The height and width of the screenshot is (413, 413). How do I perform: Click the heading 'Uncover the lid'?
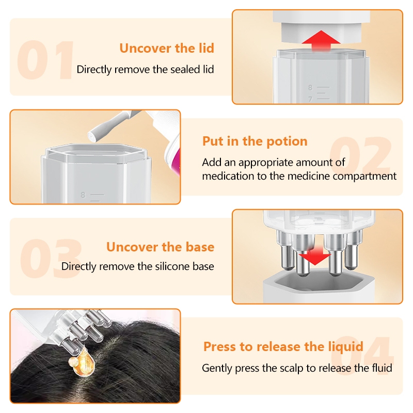tap(167, 48)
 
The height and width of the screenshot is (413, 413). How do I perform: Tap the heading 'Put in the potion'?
tap(255, 141)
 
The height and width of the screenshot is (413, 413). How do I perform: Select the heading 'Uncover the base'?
tap(160, 247)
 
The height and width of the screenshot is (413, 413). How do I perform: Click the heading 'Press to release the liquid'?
tap(283, 346)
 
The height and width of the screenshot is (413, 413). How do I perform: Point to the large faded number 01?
tap(45, 60)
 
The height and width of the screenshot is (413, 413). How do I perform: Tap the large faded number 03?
tap(51, 259)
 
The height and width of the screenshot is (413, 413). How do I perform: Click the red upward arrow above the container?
tap(321, 40)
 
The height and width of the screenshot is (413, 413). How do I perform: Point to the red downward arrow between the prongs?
tap(315, 256)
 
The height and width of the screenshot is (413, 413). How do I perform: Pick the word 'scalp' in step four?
tap(292, 368)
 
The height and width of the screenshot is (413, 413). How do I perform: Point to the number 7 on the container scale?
tap(310, 99)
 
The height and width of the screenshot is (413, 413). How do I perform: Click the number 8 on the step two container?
tap(83, 195)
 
